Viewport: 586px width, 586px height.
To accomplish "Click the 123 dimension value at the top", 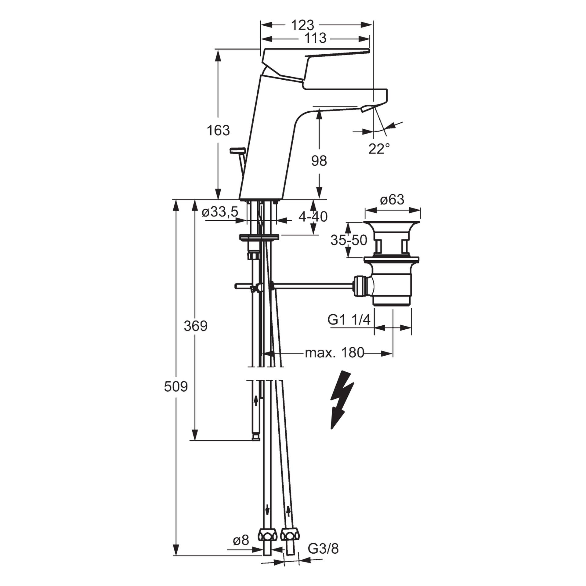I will (x=302, y=25).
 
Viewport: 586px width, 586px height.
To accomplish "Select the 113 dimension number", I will (x=316, y=38).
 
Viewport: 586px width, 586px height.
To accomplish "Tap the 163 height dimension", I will (x=218, y=130).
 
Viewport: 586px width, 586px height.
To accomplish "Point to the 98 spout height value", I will (x=319, y=161).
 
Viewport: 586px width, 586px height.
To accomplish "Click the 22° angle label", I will (x=379, y=149).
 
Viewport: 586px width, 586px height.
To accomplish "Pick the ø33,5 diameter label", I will (x=220, y=212).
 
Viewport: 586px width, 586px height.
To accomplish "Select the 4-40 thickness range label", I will (x=313, y=217).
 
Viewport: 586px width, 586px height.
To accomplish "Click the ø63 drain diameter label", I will (x=392, y=200).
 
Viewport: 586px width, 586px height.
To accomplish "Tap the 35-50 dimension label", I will (x=349, y=240).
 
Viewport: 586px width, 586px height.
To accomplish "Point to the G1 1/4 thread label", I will (x=349, y=320).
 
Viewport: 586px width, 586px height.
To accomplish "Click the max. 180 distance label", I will (x=335, y=353).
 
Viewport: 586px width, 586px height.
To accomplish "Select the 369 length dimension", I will (x=196, y=326).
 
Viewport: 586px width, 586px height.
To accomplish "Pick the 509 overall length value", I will (x=176, y=387).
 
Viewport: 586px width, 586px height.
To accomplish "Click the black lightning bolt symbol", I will (x=342, y=400).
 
